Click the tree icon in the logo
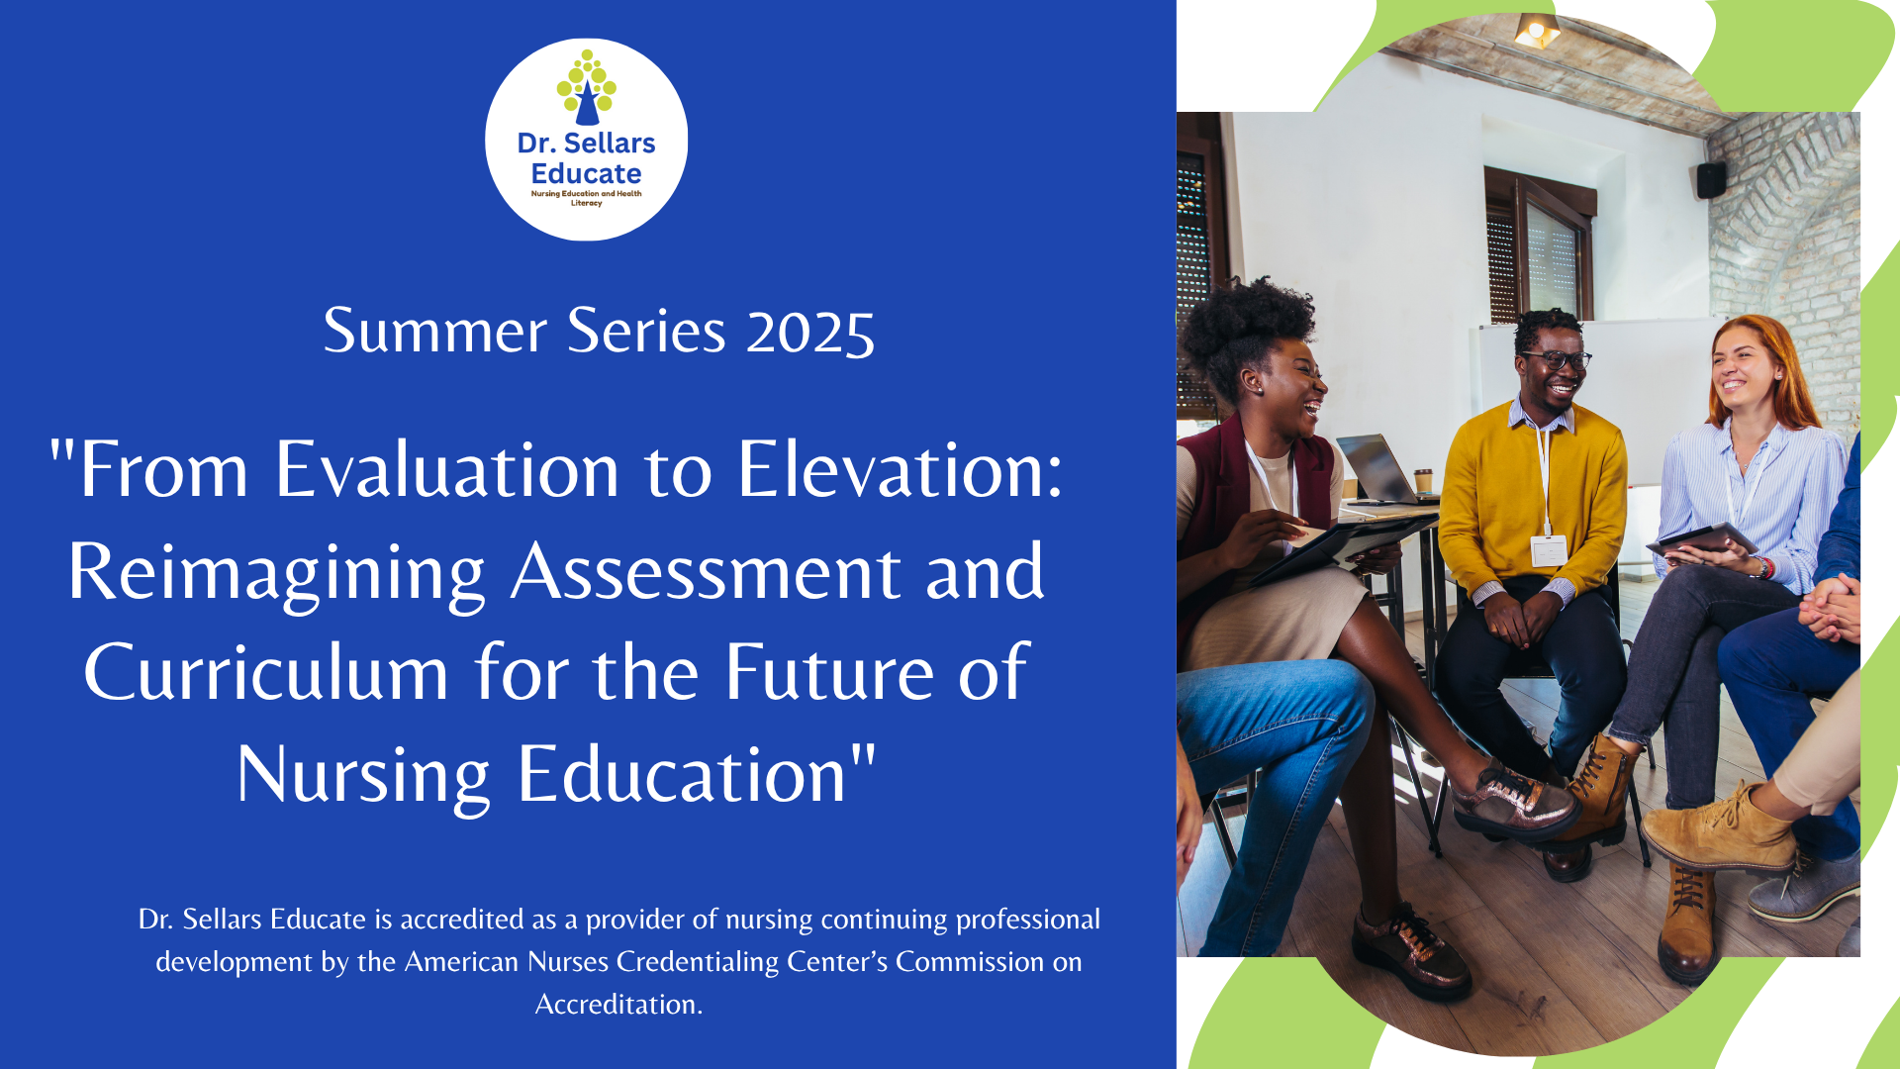coord(587,87)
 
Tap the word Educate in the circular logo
coord(586,173)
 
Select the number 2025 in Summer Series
coord(810,332)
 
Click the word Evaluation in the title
coord(446,469)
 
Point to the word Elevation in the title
coord(900,469)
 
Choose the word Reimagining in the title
coord(276,574)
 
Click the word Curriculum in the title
coord(266,673)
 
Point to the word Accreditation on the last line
coord(618,1005)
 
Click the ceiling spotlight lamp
coord(1537,31)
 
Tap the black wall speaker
coord(1711,179)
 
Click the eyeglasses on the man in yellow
coord(1558,360)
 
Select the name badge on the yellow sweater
coord(1549,550)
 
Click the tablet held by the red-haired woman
coord(1702,540)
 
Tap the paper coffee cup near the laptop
coord(1424,481)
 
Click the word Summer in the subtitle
coord(434,331)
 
